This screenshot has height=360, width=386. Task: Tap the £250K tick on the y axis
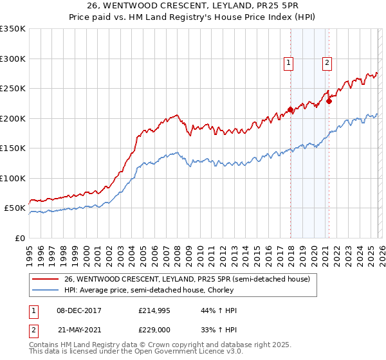pos(13,89)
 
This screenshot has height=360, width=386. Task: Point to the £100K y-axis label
pos(13,178)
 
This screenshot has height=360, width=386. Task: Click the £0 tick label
pos(19,238)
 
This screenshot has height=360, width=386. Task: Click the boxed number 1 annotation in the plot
pos(288,63)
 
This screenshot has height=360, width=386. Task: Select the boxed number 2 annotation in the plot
pos(327,63)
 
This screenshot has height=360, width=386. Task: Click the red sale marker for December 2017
pos(290,109)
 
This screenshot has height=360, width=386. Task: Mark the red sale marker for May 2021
pos(329,100)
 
